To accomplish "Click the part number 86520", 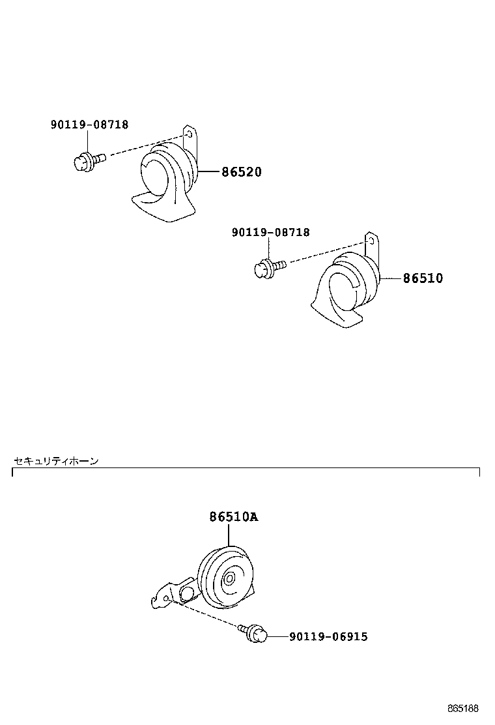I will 241,172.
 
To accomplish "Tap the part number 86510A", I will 233,517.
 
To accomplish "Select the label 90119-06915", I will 328,636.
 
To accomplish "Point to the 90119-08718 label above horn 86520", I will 89,125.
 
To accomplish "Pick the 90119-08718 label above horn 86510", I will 270,232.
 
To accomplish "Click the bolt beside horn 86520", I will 87,159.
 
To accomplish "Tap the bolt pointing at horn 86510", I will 268,267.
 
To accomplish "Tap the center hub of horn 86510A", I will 230,579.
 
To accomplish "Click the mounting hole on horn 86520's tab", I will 190,135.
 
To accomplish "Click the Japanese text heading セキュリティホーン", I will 56,461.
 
